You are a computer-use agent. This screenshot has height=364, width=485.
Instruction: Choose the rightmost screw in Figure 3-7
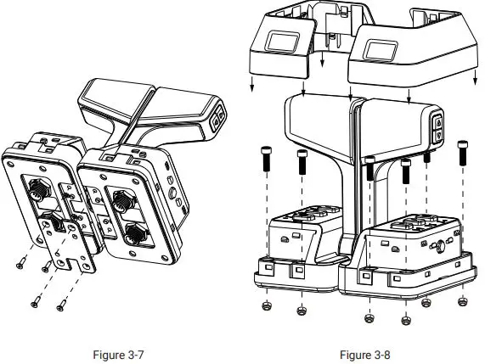coord(61,305)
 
